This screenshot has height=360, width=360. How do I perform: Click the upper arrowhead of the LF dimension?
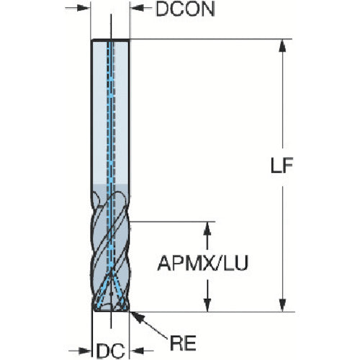[284, 45]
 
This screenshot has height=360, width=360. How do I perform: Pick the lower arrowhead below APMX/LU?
[209, 303]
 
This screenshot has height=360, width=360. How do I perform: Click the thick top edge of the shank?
[110, 40]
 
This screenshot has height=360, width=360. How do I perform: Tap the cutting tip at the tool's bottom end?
[110, 308]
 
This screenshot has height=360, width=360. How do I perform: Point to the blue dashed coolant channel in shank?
[110, 108]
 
